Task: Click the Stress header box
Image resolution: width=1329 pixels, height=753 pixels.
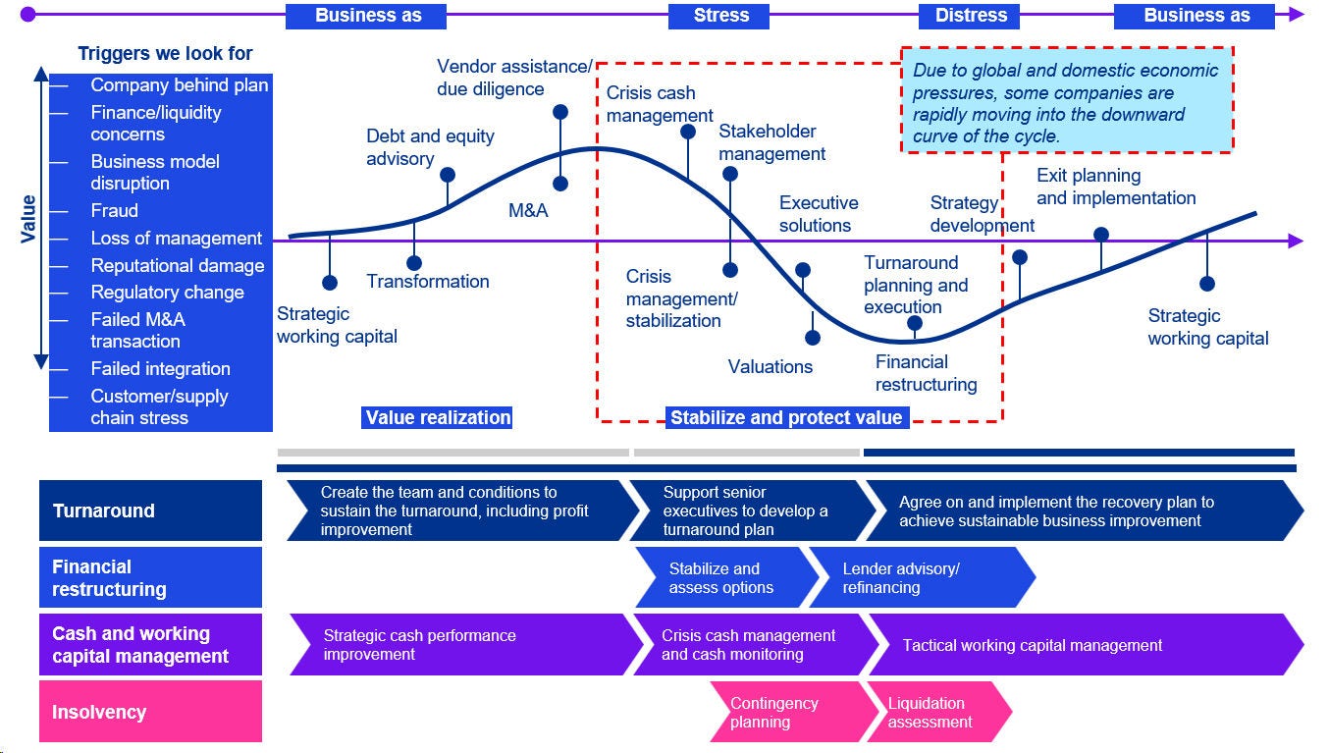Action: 721,16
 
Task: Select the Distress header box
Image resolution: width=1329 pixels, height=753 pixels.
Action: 970,16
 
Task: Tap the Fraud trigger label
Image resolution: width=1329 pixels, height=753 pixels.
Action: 115,210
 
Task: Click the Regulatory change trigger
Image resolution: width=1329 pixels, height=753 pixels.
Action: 167,293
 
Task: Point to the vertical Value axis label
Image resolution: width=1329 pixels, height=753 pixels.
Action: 27,218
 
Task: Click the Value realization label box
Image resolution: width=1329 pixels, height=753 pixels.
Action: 438,417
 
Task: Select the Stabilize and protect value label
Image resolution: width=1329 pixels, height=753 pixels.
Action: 785,418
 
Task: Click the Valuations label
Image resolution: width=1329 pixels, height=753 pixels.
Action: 771,367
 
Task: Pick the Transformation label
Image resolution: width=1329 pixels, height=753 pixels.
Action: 428,282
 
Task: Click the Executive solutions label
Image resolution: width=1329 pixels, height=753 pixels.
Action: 819,214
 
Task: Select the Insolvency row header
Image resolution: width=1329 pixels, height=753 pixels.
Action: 150,712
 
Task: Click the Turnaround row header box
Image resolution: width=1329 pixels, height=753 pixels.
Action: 150,511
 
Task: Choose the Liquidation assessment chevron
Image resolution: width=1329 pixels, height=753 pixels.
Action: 935,713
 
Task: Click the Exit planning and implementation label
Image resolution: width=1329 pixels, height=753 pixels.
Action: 1116,187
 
